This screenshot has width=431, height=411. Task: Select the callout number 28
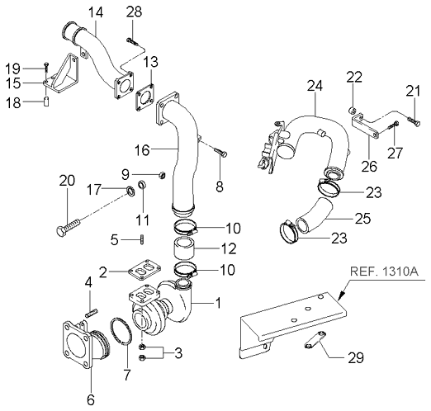pos(134,11)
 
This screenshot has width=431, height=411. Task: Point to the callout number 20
pos(66,181)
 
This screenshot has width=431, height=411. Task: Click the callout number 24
pos(313,86)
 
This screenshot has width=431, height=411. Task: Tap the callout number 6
pos(90,399)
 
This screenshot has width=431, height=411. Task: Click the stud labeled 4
pos(93,311)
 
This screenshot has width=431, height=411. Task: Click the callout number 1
pos(218,304)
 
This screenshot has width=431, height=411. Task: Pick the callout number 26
pos(369,166)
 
